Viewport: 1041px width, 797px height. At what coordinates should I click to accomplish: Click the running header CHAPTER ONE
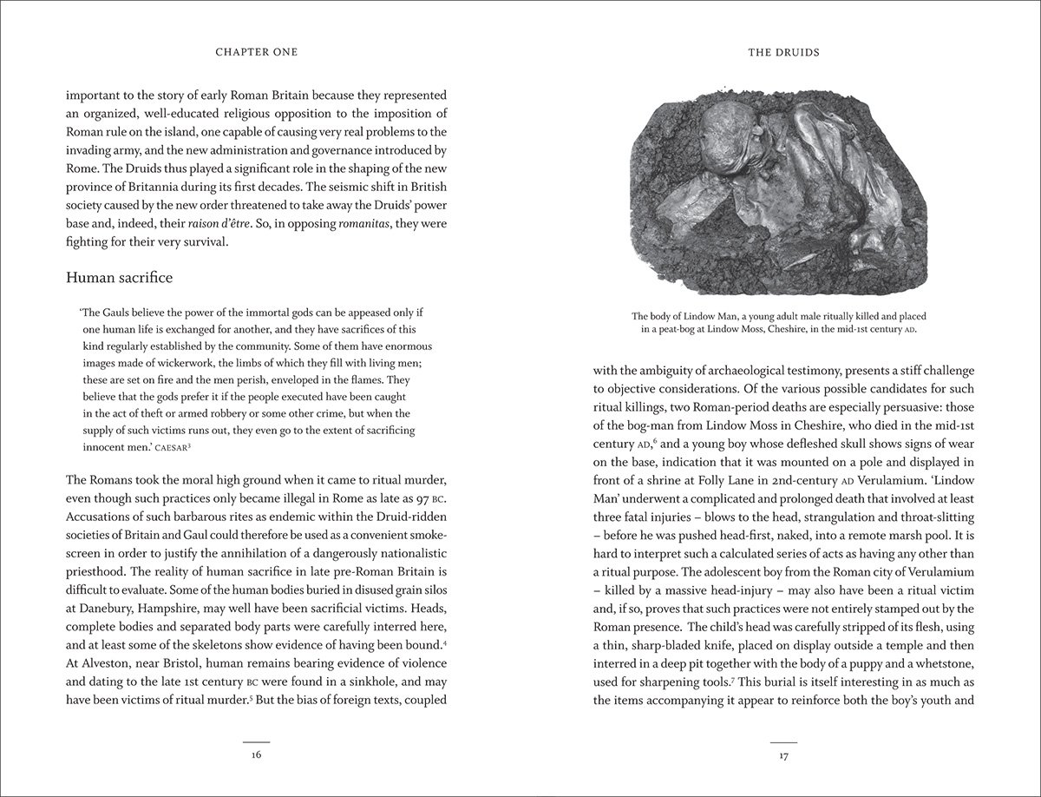[256, 52]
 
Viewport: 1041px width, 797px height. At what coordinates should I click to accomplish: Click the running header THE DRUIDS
[783, 52]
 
